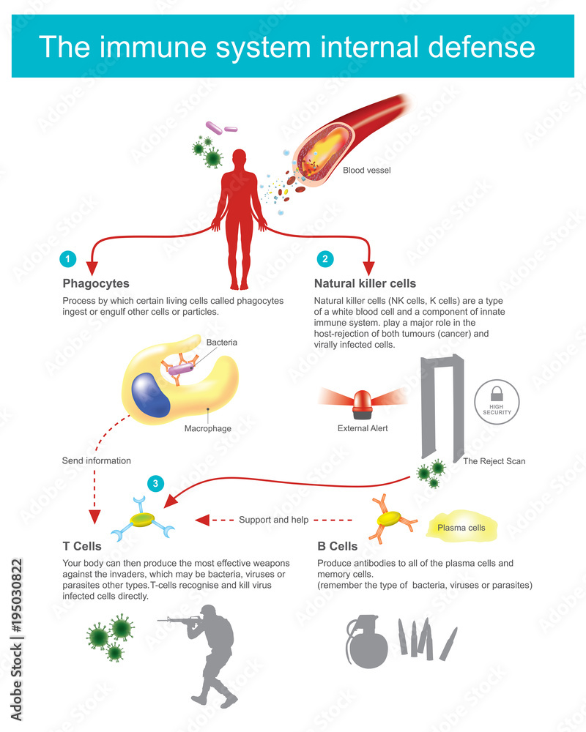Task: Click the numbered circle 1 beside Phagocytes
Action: pyautogui.click(x=68, y=258)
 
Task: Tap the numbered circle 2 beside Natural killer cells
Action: pyautogui.click(x=325, y=258)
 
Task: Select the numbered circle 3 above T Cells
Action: pyautogui.click(x=155, y=484)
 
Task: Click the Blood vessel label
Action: pyautogui.click(x=367, y=171)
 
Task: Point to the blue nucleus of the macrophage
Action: pyautogui.click(x=150, y=395)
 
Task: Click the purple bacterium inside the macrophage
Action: pyautogui.click(x=181, y=370)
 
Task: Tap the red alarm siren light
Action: pyautogui.click(x=363, y=404)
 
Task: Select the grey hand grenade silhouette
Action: pyautogui.click(x=367, y=641)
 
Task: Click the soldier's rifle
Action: pyautogui.click(x=182, y=621)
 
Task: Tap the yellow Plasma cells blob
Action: pyautogui.click(x=461, y=526)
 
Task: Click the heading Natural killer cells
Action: pyautogui.click(x=365, y=283)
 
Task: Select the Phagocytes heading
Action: pyautogui.click(x=96, y=284)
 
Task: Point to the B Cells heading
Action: pyautogui.click(x=338, y=546)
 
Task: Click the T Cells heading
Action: pyautogui.click(x=82, y=546)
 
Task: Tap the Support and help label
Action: pyautogui.click(x=274, y=520)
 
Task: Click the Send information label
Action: pyautogui.click(x=96, y=460)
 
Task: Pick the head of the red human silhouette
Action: pyautogui.click(x=240, y=159)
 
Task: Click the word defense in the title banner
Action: pyautogui.click(x=481, y=47)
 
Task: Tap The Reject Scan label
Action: pyautogui.click(x=494, y=461)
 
